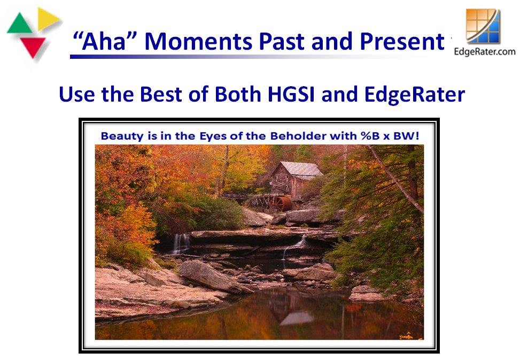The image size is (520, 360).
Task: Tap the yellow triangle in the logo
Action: [47, 19]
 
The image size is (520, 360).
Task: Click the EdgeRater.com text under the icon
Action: [485, 52]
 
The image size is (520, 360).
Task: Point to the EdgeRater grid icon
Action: [483, 27]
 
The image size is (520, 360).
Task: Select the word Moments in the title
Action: [198, 42]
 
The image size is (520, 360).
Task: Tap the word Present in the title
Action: [402, 42]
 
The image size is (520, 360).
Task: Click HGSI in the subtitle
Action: [291, 94]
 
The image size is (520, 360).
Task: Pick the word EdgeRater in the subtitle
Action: [415, 95]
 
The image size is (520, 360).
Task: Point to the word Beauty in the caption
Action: [122, 136]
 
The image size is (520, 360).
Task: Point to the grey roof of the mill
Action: [300, 169]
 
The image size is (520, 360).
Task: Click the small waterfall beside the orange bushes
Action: [181, 244]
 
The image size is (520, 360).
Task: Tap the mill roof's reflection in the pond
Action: [296, 318]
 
